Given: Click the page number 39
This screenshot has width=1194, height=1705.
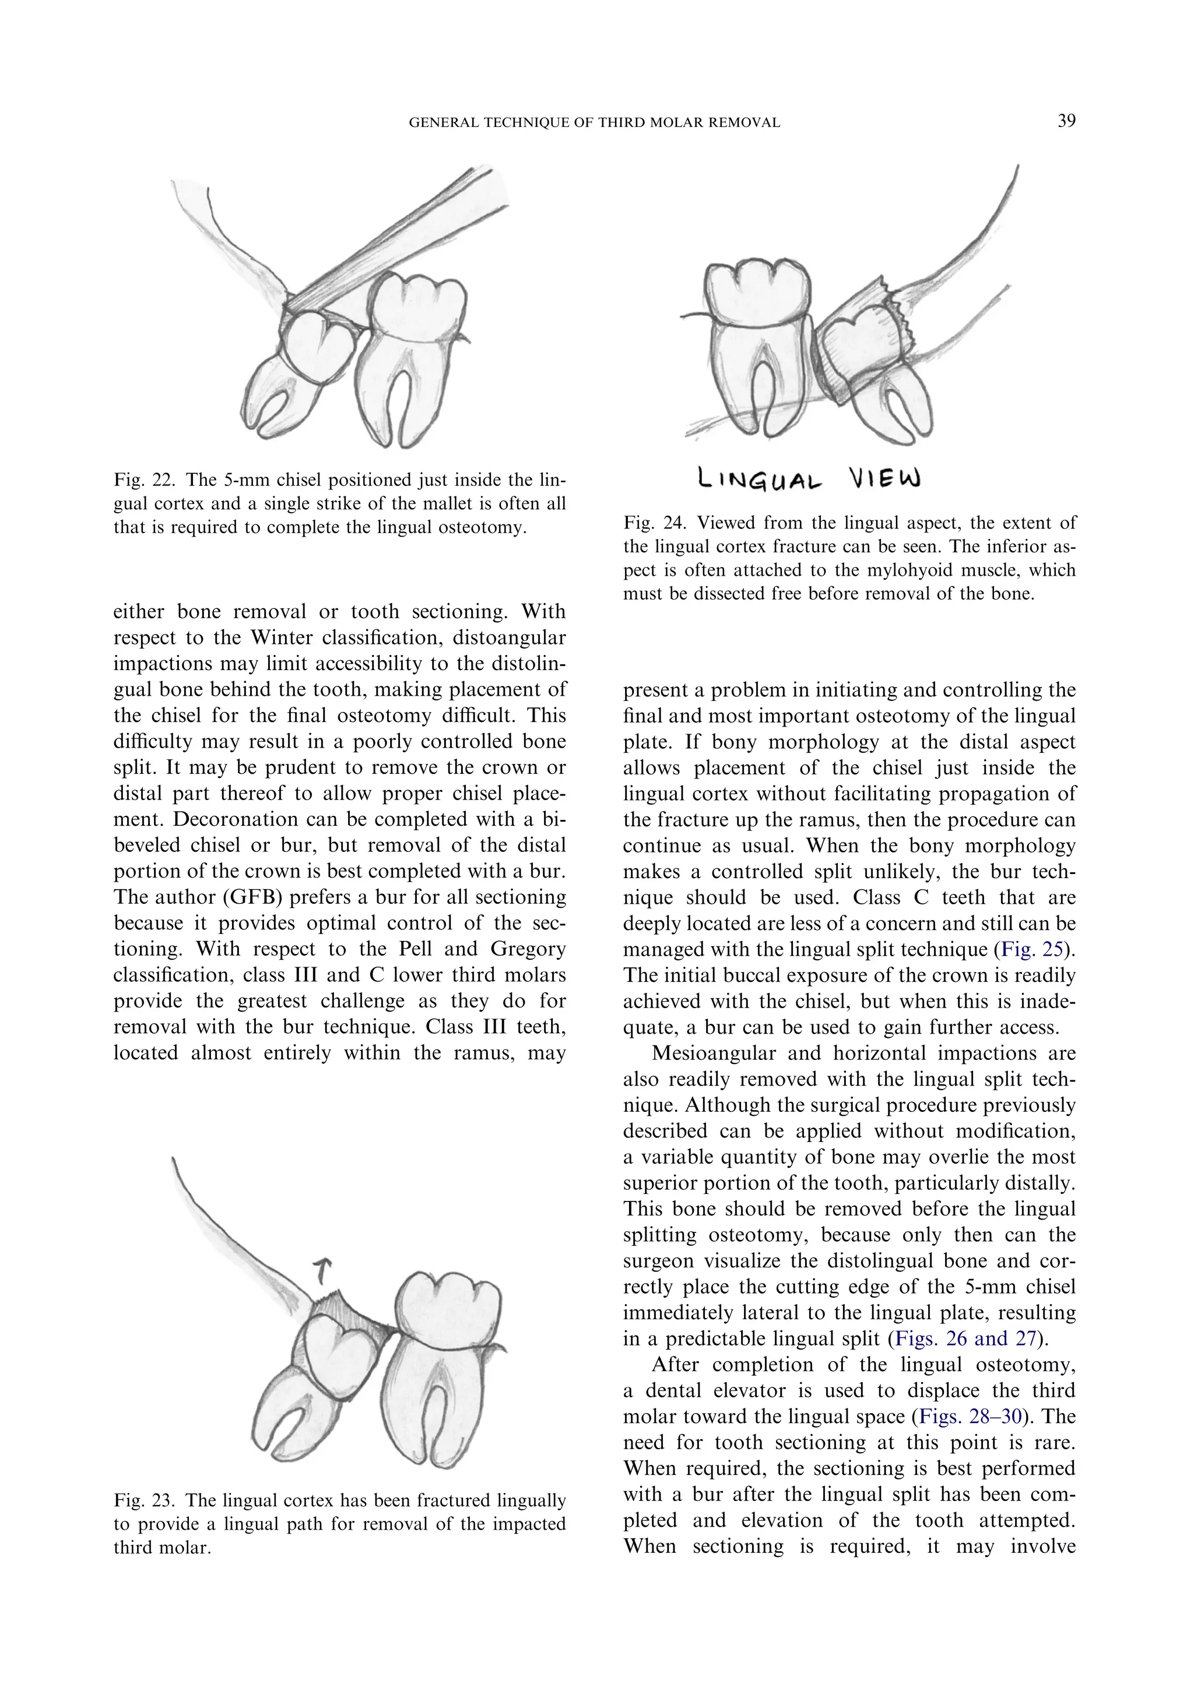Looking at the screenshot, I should (1066, 121).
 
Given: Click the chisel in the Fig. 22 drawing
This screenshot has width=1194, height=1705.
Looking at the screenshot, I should (401, 238).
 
